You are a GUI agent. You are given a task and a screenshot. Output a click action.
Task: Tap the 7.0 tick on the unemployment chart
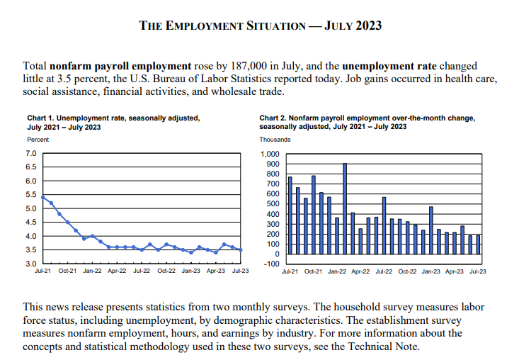30,154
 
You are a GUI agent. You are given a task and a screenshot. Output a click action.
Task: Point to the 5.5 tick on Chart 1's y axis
30,195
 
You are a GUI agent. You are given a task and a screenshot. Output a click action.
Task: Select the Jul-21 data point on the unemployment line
43,197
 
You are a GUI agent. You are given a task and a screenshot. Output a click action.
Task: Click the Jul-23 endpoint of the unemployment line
241,249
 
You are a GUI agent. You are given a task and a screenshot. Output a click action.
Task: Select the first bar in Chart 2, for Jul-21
290,215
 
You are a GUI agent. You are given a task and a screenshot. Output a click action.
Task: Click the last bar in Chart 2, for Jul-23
478,244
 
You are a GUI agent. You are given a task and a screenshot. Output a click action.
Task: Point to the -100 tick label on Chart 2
272,264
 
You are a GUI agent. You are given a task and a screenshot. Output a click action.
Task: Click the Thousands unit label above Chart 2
275,140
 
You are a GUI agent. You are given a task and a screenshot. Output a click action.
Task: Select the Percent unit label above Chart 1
38,140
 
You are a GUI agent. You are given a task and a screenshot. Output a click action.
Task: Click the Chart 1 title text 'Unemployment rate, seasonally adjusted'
124,118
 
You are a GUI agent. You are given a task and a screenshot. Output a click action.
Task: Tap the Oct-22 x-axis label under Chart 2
407,272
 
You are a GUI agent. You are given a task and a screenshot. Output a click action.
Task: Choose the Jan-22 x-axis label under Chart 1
93,271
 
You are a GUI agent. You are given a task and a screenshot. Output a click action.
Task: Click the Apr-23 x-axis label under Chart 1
217,271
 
